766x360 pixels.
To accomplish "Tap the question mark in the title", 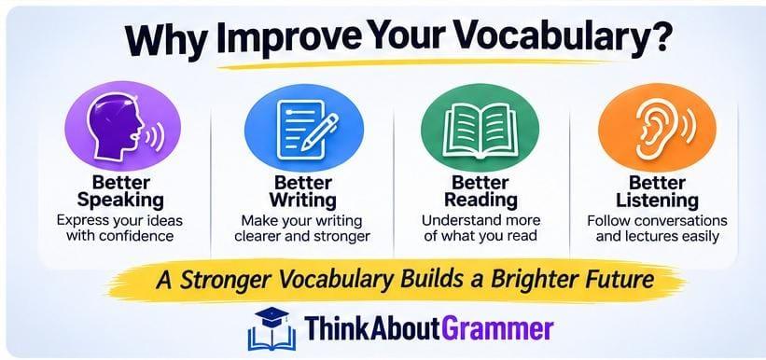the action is [653, 36].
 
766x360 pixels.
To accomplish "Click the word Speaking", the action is [120, 200].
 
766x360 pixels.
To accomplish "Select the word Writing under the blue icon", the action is [303, 200].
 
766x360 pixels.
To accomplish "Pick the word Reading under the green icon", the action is [480, 200].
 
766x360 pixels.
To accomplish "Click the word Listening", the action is [657, 200].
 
